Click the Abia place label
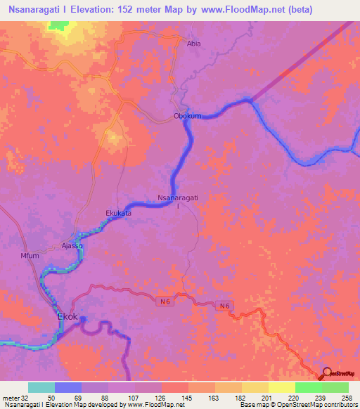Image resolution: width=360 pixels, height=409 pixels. [193, 44]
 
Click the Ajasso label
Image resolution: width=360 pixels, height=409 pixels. [72, 247]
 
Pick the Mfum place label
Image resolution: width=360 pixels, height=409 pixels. [30, 256]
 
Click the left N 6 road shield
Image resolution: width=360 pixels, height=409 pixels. [165, 301]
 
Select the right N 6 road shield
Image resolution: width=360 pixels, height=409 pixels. [224, 306]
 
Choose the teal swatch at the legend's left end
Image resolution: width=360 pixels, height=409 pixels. [41, 387]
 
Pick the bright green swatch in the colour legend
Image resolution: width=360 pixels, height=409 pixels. [308, 387]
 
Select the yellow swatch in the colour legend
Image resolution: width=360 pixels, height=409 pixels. [281, 387]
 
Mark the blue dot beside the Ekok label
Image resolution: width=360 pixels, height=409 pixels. [84, 320]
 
